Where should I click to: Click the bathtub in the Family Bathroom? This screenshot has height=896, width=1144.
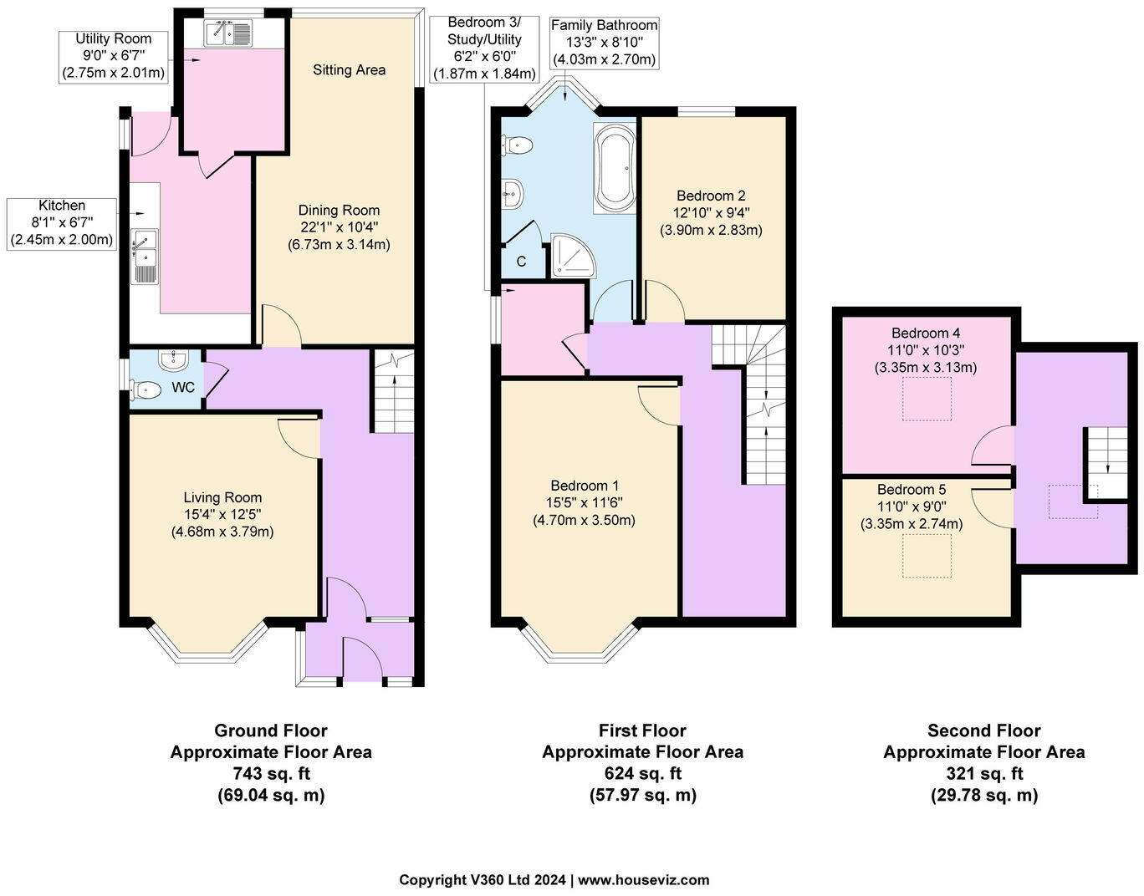(615, 168)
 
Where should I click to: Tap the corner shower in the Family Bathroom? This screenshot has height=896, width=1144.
(573, 256)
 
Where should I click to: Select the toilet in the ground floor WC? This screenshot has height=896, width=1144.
(146, 390)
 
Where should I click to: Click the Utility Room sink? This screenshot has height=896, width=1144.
(227, 33)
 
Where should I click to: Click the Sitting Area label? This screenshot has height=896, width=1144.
(349, 70)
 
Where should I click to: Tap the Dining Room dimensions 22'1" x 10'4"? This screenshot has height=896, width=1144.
(339, 227)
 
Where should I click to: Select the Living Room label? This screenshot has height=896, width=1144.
(222, 497)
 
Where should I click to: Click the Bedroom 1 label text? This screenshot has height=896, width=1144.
(585, 485)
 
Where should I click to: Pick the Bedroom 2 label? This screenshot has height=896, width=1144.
(711, 196)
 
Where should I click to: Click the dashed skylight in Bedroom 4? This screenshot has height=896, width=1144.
(927, 399)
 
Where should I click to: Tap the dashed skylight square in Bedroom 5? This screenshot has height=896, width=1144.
(927, 556)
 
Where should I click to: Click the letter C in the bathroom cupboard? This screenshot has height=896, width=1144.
(521, 262)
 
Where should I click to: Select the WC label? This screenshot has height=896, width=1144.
(183, 388)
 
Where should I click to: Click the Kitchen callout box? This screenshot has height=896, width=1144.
(62, 224)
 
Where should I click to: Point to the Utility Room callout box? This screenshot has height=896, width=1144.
(113, 57)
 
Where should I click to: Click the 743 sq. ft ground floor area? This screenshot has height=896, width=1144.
(271, 773)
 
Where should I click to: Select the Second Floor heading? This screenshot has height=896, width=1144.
(984, 731)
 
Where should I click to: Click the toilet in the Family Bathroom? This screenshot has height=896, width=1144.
(517, 145)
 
